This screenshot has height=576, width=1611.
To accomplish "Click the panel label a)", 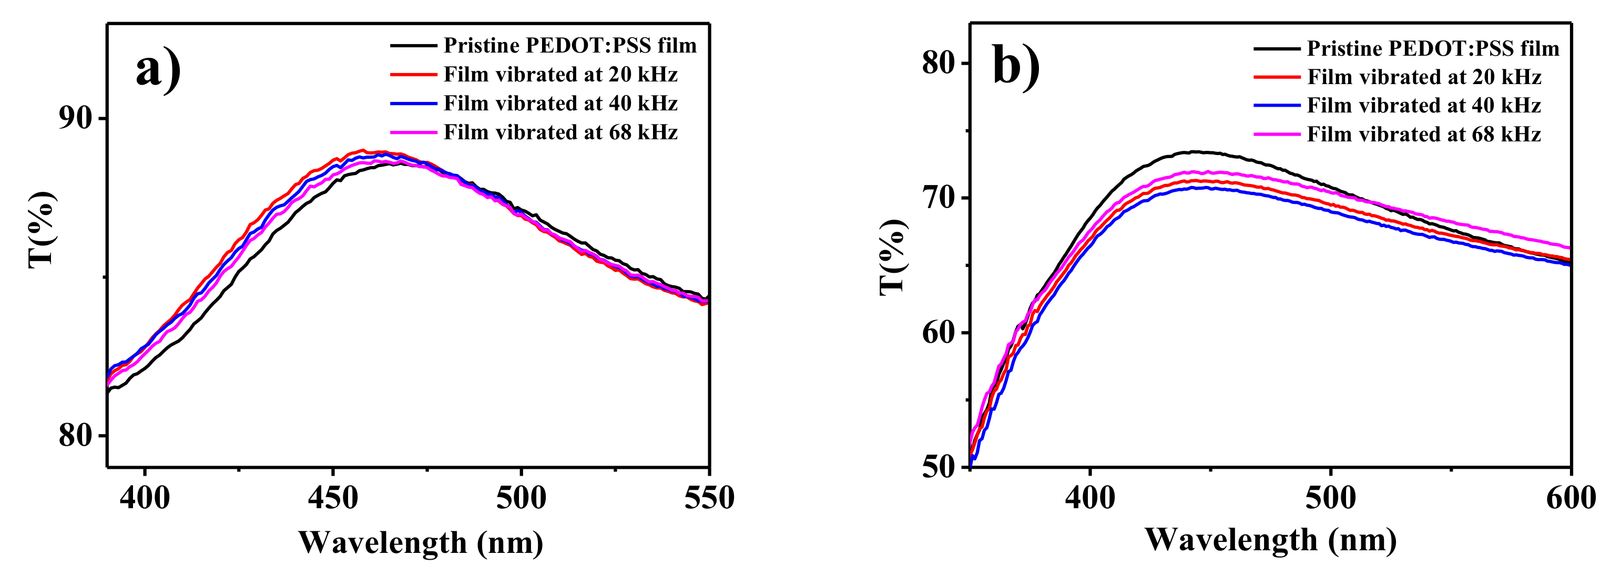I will pos(158,70).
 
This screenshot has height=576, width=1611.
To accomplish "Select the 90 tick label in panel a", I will pos(75,118).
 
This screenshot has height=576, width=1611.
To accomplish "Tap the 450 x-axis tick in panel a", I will pos(333,498).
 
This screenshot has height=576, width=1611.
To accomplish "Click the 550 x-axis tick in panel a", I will pos(709,498).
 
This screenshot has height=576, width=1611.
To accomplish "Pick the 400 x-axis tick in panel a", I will pos(145,498).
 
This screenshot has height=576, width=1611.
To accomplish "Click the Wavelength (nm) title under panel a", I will pos(420,543).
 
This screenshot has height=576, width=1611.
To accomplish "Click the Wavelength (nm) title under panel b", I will pos(1270,540).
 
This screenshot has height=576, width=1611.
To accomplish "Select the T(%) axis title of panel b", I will pos(892,257).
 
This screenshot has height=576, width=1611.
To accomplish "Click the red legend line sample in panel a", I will pos(413,75).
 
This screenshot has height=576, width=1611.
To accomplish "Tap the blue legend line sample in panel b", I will pos(1277,106).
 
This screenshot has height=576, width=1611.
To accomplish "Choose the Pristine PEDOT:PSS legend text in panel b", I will pos(1433,48).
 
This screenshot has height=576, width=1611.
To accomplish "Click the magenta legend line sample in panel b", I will pos(1277,135).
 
